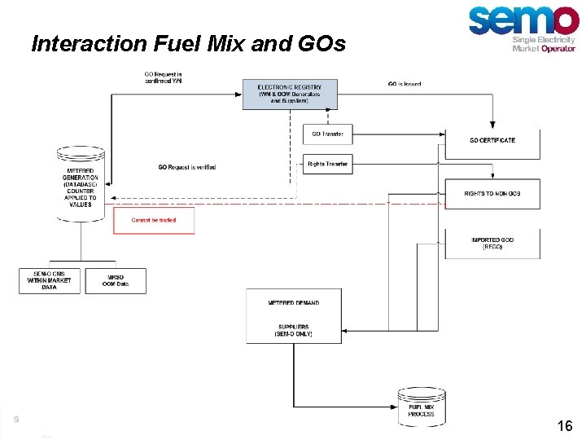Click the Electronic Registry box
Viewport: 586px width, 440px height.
(x=289, y=94)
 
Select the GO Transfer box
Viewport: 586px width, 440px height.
(x=327, y=134)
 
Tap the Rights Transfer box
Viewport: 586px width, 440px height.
(x=327, y=164)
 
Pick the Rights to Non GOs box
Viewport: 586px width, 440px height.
(x=492, y=194)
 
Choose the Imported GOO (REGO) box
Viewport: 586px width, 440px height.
(x=492, y=243)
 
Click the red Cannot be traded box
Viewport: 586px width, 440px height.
(x=154, y=221)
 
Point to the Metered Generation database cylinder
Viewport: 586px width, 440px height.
(x=81, y=184)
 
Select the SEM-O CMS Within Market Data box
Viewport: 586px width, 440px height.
(x=50, y=280)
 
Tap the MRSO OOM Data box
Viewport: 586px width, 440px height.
(x=116, y=280)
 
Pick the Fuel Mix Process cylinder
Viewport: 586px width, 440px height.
(x=421, y=407)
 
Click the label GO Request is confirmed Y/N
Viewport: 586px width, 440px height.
(x=164, y=77)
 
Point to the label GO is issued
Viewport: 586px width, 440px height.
(x=405, y=84)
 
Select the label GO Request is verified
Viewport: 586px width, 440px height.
(x=187, y=168)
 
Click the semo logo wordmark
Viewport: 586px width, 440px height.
(x=523, y=20)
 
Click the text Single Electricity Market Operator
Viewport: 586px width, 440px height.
(x=544, y=44)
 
